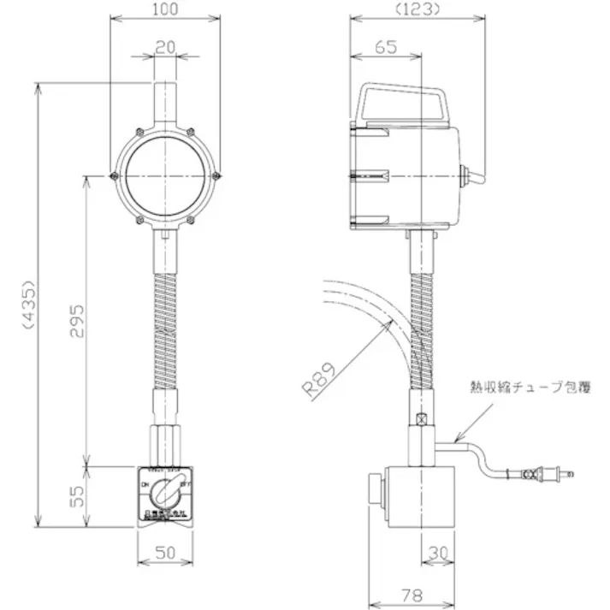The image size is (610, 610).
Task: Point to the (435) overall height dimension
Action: point(28,305)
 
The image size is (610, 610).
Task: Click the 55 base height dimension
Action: point(76,496)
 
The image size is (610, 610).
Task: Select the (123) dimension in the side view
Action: point(417,11)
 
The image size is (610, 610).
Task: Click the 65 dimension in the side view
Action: point(386,48)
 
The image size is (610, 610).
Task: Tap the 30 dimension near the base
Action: point(439,554)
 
